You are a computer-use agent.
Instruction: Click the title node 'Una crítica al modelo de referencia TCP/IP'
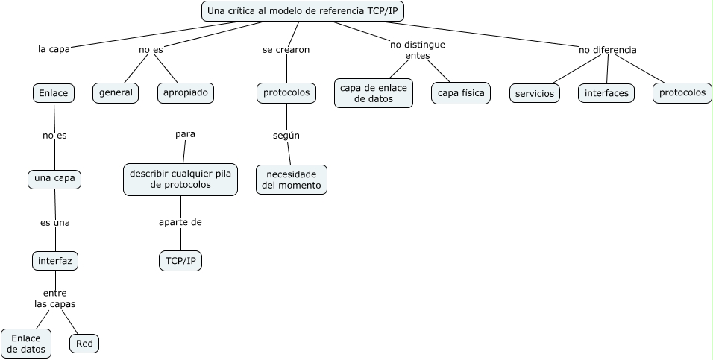coord(303,11)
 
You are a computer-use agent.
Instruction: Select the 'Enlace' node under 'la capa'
coord(54,92)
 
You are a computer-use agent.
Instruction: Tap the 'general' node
coord(116,92)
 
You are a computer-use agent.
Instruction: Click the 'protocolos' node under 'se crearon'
coord(286,92)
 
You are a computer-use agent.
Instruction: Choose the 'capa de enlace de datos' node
coord(373,93)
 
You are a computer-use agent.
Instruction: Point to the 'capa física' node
coord(460,92)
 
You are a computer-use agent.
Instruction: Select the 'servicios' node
coord(535,93)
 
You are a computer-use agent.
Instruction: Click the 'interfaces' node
coord(606,93)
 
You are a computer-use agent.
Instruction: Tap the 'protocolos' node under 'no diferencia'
coord(682,92)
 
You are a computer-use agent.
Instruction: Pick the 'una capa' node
coord(54,179)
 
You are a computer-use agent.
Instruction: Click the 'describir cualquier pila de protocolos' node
coord(180,180)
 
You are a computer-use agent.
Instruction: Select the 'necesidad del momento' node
coord(292,179)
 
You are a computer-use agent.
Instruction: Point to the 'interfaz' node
coord(55,261)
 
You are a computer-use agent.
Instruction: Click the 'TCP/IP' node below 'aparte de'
coord(180,261)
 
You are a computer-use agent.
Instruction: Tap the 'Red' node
coord(84,344)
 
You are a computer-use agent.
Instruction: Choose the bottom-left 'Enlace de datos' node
coord(26,344)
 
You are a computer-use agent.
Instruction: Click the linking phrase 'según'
coord(286,135)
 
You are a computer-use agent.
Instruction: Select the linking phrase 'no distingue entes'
coord(418,50)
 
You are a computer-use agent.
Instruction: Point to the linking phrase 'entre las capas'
coord(55,298)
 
